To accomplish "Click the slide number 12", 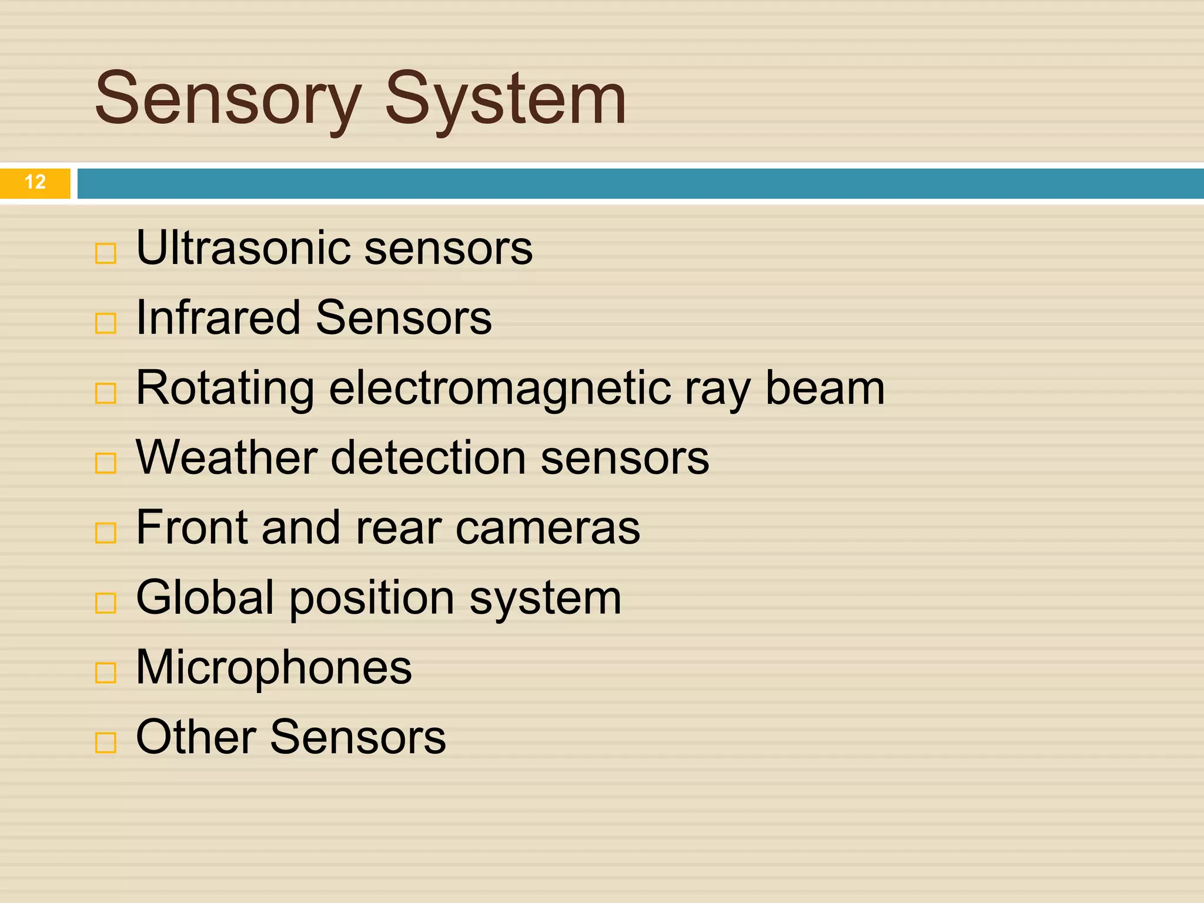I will tap(35, 182).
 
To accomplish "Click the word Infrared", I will tap(218, 317).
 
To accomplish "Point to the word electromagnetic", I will tap(500, 389).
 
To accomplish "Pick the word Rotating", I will tap(225, 389).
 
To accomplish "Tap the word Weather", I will tap(226, 457).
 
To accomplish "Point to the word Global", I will tap(205, 597).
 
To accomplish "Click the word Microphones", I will tap(274, 667).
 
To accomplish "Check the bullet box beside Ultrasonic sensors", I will tap(106, 254).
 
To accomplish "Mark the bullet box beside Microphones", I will tap(106, 673).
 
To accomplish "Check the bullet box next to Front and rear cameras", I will tap(106, 533).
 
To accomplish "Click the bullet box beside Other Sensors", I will tap(106, 743).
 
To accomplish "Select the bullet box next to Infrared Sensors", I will tap(106, 323).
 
